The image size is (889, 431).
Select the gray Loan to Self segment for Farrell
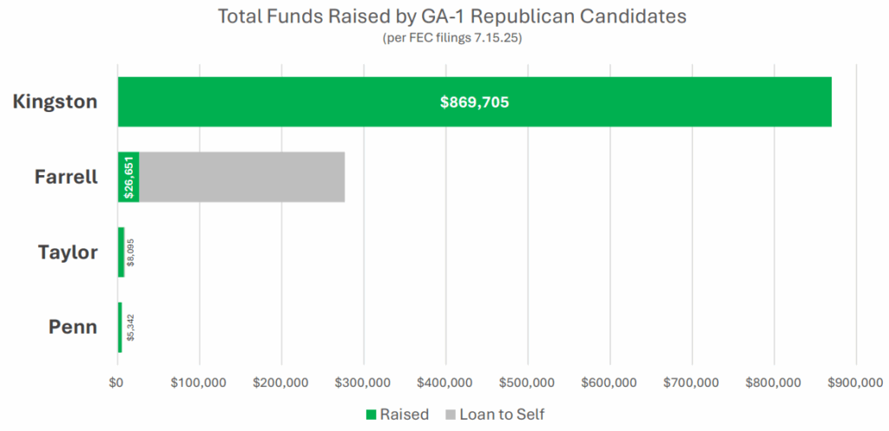(241, 177)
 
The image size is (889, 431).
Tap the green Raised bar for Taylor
(122, 252)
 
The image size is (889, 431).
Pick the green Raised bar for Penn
(120, 328)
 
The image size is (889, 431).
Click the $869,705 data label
(474, 102)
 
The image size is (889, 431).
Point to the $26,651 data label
(129, 178)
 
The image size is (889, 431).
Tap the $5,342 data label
(130, 328)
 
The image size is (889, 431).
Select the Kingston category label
(55, 101)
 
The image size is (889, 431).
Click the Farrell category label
(66, 177)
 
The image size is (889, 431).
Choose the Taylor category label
(68, 252)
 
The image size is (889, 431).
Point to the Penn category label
(73, 328)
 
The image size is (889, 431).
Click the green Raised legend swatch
(371, 415)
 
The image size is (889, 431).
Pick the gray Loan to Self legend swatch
(451, 415)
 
